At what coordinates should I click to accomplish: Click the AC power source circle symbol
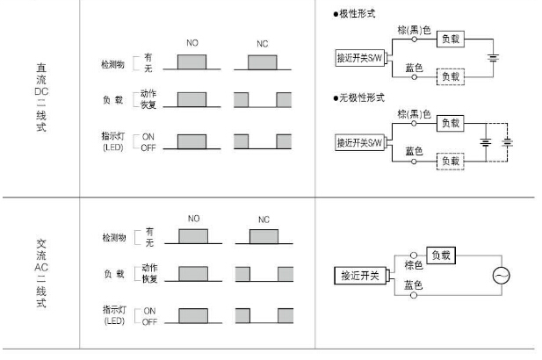point(502,275)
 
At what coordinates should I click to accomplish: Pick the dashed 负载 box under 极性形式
point(451,76)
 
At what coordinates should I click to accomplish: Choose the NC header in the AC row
point(264,220)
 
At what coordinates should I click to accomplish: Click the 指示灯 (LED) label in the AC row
point(116,313)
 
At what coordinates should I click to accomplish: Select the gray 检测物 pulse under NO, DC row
point(192,63)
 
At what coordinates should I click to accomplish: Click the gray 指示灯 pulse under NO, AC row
point(192,313)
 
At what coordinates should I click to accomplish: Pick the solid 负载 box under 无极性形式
point(451,123)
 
